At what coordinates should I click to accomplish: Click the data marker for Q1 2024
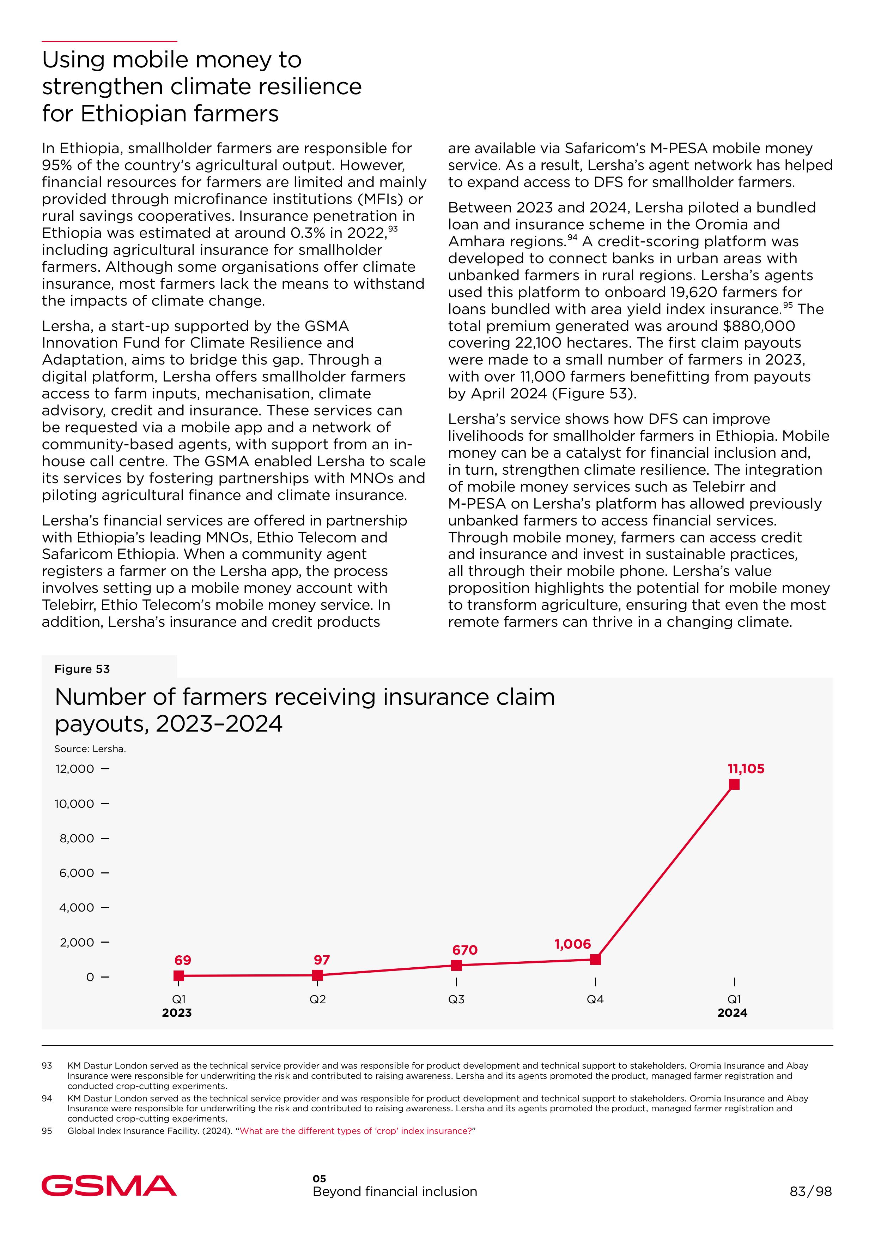coord(734,785)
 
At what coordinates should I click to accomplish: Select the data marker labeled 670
coord(456,965)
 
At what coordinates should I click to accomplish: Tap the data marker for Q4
coord(595,959)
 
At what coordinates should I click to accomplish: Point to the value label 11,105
coord(746,769)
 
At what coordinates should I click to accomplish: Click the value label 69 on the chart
coord(183,960)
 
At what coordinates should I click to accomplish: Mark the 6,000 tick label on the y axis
coord(77,873)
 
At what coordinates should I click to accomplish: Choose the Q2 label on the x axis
coord(318,999)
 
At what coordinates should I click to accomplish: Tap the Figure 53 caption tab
coord(82,669)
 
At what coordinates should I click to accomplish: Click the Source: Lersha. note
coord(90,749)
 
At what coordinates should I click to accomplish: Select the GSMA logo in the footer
coord(109,1186)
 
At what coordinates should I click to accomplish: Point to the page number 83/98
coord(810,1191)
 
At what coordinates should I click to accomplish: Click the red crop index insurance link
coord(356,1131)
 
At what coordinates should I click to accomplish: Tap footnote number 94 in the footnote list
coord(47,1098)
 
